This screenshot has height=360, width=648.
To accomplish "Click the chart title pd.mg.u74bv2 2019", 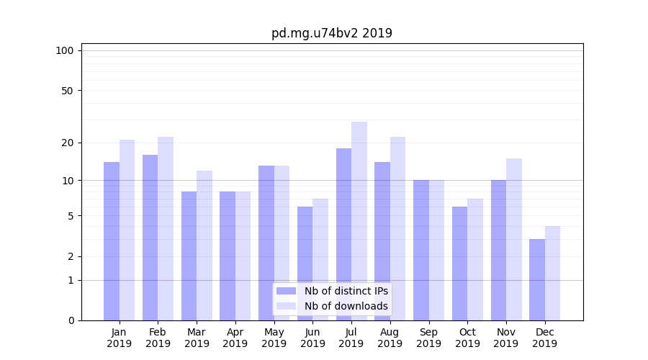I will [331, 33].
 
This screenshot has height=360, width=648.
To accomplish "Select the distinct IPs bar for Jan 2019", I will [112, 241].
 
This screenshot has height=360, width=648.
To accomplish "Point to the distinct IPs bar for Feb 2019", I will [150, 238].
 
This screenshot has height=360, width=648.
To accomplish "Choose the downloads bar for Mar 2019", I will [204, 246].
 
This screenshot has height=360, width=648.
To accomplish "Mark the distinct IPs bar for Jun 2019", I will [305, 264].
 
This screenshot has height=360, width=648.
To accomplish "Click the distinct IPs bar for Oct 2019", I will [459, 264].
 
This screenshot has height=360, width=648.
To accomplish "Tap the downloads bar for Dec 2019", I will [553, 273].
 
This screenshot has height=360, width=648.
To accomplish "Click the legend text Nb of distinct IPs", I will [346, 291].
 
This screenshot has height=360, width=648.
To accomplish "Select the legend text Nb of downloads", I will [346, 306].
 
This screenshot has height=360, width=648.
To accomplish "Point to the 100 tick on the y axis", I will [65, 50].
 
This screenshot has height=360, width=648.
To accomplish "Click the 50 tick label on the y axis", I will [68, 91].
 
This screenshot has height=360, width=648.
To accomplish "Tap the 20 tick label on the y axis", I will [68, 143].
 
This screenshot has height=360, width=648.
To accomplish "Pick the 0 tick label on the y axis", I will [71, 320].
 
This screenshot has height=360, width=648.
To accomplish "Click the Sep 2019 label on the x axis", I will [428, 338].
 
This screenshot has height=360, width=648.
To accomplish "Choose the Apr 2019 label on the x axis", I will [235, 338].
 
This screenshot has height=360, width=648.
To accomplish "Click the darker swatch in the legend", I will [286, 291].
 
